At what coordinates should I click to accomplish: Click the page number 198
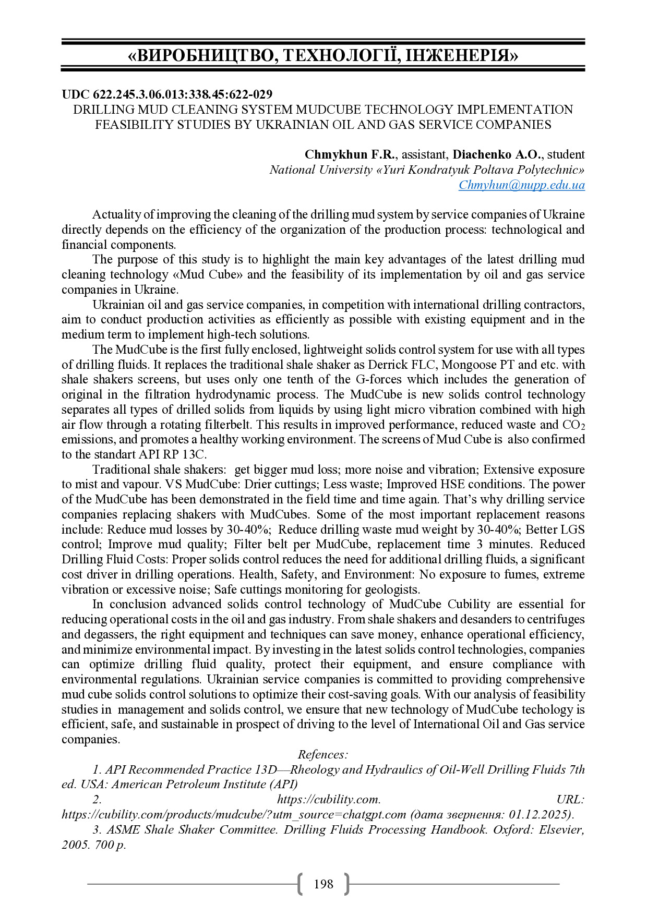[x=323, y=884]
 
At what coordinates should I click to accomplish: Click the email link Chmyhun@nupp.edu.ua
[x=521, y=185]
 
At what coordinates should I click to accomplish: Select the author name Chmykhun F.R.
[x=350, y=154]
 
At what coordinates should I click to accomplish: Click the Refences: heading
[x=323, y=754]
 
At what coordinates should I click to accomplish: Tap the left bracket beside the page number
[x=299, y=884]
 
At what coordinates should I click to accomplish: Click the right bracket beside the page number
[x=347, y=884]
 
